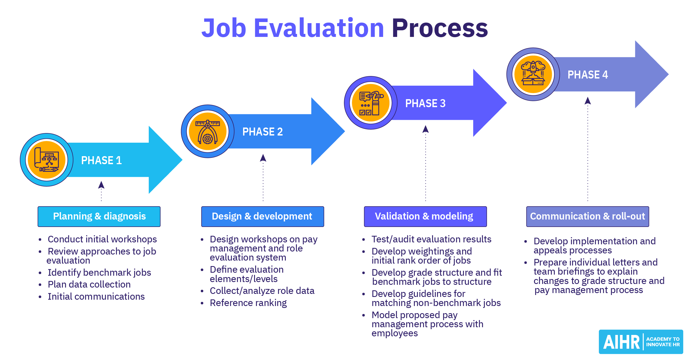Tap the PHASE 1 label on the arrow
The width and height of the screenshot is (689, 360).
tap(101, 160)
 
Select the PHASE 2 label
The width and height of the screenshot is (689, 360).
tap(262, 132)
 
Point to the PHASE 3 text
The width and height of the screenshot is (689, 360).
tap(425, 103)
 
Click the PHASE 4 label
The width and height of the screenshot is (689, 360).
tap(588, 75)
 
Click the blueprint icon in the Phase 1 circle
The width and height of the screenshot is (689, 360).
tap(47, 160)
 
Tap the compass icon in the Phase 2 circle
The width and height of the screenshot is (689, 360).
tap(208, 131)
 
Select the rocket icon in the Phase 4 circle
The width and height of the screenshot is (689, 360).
tap(533, 74)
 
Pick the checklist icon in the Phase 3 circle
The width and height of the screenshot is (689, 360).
tap(371, 103)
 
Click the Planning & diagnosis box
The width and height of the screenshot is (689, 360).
tap(99, 216)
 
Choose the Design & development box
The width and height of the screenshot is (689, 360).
tap(262, 216)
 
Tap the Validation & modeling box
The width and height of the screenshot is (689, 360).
tap(425, 216)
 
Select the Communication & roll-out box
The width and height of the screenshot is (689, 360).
tap(588, 216)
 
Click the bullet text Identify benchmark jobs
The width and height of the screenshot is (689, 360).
tap(99, 272)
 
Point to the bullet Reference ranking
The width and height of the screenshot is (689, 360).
tap(248, 303)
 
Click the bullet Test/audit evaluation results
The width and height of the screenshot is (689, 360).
tap(431, 239)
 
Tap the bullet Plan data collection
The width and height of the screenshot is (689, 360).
tap(89, 284)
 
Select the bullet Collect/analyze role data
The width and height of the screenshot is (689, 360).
tap(262, 291)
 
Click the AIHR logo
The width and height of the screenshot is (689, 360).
tap(641, 342)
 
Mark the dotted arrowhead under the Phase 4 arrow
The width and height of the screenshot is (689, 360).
tap(588, 101)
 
